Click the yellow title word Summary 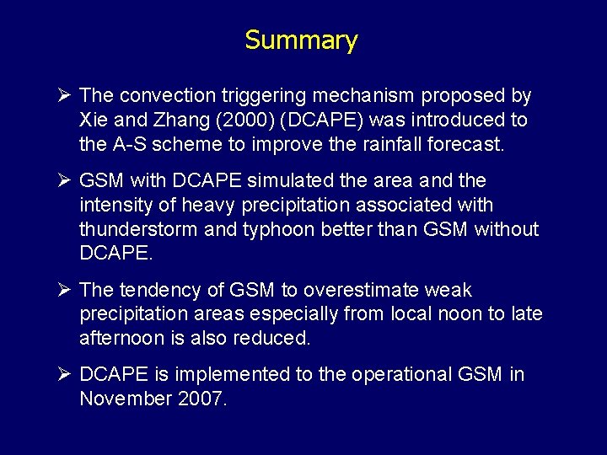tap(301, 40)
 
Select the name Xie tap(94, 120)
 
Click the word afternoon tap(120, 339)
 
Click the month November tap(125, 399)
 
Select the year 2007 tap(201, 399)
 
